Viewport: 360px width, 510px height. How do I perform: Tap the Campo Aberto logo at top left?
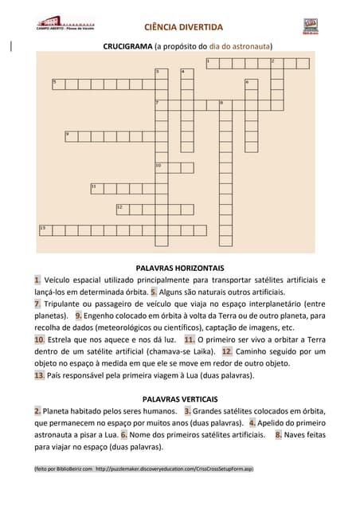coord(59,23)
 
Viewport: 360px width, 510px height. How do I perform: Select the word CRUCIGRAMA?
coord(127,47)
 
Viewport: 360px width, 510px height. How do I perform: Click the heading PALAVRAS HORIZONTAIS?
coord(180,268)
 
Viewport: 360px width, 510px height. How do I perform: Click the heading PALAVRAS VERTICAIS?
coord(180,397)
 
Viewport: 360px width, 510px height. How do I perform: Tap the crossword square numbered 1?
coord(211,61)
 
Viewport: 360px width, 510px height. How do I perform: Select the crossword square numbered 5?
coord(57,82)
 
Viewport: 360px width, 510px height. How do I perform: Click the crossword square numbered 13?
coord(44,229)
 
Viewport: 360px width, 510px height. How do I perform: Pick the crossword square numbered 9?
coord(69,134)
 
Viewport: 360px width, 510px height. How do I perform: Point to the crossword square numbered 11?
coord(96,188)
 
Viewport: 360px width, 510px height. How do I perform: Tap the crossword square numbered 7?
coord(160,103)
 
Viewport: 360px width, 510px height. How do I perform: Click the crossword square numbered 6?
coord(250,82)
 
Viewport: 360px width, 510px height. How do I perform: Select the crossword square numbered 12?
coord(121,208)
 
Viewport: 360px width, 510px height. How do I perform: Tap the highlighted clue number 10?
coord(39,339)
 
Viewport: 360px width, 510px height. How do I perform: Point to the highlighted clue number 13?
coord(39,375)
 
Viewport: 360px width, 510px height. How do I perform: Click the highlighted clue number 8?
coord(279,435)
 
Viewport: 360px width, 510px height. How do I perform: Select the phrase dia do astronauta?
coord(240,47)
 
